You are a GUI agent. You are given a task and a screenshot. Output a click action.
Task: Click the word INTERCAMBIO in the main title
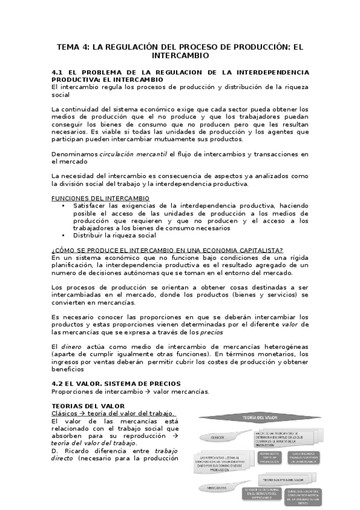180,55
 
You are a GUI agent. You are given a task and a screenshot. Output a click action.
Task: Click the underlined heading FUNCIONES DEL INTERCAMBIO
100,198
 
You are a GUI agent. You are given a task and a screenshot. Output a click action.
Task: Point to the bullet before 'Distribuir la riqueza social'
64,235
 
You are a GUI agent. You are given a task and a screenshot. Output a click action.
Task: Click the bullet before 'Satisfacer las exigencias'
64,206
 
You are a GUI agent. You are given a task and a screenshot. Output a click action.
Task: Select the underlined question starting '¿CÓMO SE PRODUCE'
168,250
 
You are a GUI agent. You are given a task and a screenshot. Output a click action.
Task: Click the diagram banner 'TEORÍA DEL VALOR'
256,417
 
